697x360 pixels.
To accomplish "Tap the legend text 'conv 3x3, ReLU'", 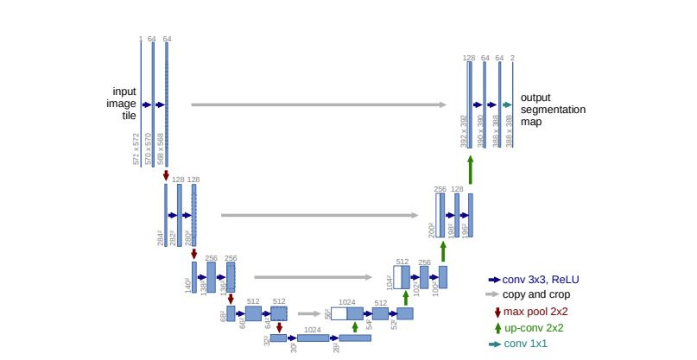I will pos(541,279).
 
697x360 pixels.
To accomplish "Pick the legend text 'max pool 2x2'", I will pos(535,312).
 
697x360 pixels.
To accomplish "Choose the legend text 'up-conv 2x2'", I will pos(534,328).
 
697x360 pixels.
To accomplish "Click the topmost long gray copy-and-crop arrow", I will pos(318,104).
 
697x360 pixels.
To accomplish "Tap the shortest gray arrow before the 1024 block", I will pos(308,314).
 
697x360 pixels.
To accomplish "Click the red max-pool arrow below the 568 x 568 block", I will pos(166,175).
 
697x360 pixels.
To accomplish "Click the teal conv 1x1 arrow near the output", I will pos(507,104).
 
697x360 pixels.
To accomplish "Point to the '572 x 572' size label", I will pos(136,148).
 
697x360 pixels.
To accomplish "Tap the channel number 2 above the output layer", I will pos(512,58).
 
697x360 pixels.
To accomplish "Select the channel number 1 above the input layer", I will pos(140,39).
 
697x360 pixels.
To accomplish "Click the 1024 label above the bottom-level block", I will pos(312,330).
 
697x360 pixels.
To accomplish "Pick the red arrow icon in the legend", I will pos(497,312).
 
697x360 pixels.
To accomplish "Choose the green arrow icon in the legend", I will pos(497,328).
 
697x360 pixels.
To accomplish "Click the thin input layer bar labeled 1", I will pos(141,104).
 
